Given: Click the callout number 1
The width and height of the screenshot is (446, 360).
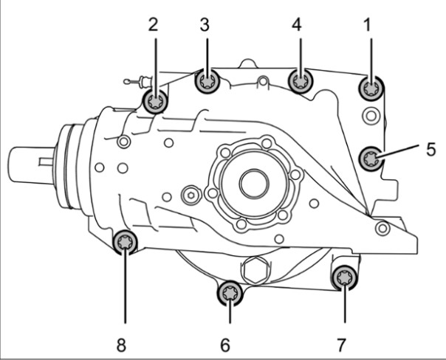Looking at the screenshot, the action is (x=368, y=25).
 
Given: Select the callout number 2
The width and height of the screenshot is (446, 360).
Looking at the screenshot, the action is (x=153, y=25).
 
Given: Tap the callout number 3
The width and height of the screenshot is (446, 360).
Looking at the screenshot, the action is (x=205, y=25).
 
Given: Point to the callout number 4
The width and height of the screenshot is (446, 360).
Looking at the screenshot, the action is (x=297, y=25).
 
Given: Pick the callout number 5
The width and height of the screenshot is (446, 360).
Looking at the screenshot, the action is (x=431, y=149).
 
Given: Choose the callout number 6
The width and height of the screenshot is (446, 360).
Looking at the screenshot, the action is (x=225, y=345).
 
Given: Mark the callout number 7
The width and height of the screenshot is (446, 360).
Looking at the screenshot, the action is (x=341, y=345).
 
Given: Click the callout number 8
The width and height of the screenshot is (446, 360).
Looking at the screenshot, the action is (x=121, y=345).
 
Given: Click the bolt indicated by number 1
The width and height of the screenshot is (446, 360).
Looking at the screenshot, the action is (x=371, y=89).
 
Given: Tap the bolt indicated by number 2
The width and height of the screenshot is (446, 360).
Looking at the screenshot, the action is (x=155, y=102).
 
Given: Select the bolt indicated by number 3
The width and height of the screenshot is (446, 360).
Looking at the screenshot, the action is (x=207, y=81).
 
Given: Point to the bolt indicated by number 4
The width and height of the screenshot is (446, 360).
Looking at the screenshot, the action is (x=301, y=81).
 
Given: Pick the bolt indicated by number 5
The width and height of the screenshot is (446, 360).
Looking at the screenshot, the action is (x=371, y=159).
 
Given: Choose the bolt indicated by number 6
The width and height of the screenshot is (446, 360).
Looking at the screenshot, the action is (x=230, y=293).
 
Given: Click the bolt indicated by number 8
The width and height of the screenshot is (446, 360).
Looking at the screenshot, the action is (x=125, y=241).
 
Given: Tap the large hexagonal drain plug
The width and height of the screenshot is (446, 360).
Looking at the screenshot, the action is (x=255, y=271).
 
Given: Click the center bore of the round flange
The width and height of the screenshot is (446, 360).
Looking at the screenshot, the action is (x=254, y=183).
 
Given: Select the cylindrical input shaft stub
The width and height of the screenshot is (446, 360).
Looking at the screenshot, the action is (x=31, y=165).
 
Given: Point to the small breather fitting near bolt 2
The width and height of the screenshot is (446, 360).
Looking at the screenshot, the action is (x=138, y=82).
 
